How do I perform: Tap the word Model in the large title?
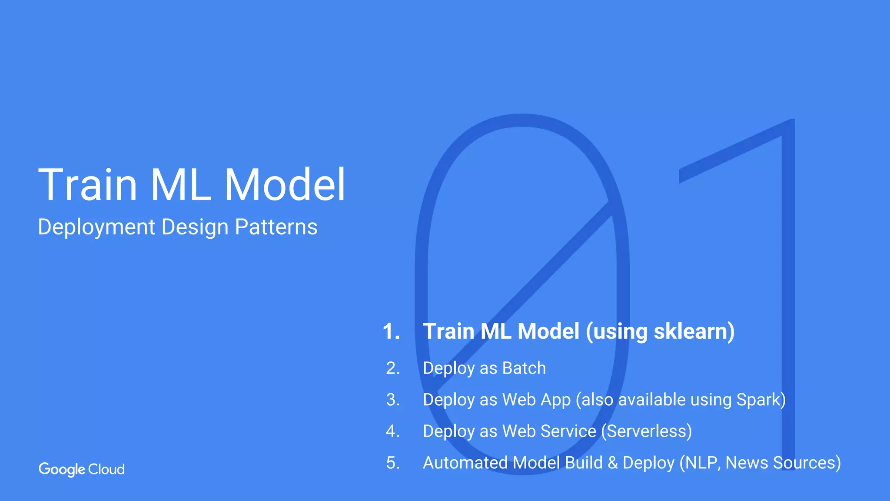285,185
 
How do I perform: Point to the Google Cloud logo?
82,469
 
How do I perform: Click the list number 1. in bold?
391,331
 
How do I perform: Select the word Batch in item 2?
524,368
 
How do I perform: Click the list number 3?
393,400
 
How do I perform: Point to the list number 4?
393,431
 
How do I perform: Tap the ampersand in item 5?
613,463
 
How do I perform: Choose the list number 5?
393,463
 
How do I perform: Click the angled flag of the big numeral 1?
730,152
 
